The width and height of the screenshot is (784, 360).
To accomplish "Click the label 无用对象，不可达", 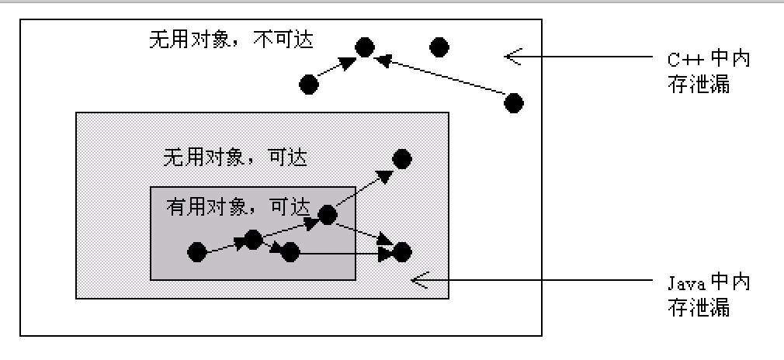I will tap(231, 39).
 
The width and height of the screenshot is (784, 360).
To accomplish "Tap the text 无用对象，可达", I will tap(235, 157).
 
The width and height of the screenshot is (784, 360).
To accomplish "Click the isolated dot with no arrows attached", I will tap(439, 47).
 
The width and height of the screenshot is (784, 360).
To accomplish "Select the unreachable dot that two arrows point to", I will tap(365, 48).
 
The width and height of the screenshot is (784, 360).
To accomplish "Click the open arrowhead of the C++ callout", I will tap(512, 55).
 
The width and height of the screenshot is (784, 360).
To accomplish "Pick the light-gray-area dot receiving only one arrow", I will tap(401, 159).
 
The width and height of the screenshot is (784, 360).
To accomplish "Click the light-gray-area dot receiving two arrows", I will tap(401, 251).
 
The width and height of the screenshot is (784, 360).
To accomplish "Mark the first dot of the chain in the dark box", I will tap(197, 251).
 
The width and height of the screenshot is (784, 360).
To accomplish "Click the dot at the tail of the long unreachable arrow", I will tap(513, 102).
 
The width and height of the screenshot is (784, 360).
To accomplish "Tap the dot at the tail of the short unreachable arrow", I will tap(309, 84).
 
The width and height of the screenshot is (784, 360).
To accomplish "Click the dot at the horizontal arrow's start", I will tap(290, 251).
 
